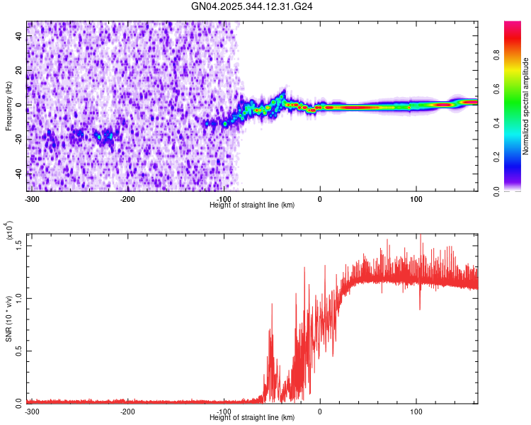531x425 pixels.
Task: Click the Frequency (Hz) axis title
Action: point(8,106)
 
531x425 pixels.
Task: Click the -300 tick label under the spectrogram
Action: point(32,198)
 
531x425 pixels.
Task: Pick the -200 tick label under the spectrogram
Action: point(127,198)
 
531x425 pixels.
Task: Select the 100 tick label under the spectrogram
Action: point(416,198)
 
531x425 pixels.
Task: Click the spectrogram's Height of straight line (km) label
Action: point(252,205)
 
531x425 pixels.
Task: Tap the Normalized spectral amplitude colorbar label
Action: point(526,106)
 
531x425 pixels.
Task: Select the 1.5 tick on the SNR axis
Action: point(19,244)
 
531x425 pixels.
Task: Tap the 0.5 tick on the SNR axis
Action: point(19,350)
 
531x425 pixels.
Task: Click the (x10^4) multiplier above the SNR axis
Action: point(9,230)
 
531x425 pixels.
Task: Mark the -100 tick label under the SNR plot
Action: point(223,411)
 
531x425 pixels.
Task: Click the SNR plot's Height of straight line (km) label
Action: point(252,417)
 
